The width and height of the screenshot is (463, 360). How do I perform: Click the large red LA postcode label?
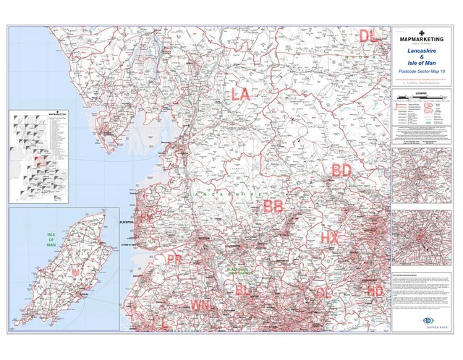pyautogui.click(x=240, y=94)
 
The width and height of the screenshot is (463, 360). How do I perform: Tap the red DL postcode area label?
pyautogui.click(x=368, y=35)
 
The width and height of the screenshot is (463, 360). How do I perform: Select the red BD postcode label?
pyautogui.click(x=341, y=171)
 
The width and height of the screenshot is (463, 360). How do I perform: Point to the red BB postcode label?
pyautogui.click(x=273, y=207)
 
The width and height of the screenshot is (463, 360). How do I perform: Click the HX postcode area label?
pyautogui.click(x=329, y=237)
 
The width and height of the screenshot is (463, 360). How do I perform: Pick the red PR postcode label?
pyautogui.click(x=174, y=259)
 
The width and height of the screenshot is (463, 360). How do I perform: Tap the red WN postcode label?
pyautogui.click(x=200, y=305)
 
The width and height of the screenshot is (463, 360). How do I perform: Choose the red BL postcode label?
pyautogui.click(x=244, y=291)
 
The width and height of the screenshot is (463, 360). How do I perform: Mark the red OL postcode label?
pyautogui.click(x=325, y=292)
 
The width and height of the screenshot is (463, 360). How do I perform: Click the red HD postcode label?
pyautogui.click(x=375, y=291)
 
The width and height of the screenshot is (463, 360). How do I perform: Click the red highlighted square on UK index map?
pyautogui.click(x=42, y=160)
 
